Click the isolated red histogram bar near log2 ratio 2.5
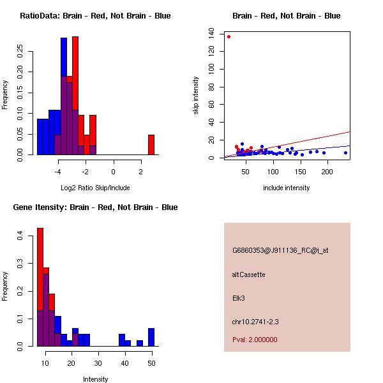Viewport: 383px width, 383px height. pyautogui.click(x=151, y=144)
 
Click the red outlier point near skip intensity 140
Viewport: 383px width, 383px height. pyautogui.click(x=229, y=36)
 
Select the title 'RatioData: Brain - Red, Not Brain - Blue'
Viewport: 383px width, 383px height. pyautogui.click(x=95, y=16)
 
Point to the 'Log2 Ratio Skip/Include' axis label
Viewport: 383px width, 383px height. pyautogui.click(x=95, y=188)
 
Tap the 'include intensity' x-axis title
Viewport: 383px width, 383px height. pyautogui.click(x=287, y=188)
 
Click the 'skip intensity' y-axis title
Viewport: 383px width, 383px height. pyautogui.click(x=197, y=96)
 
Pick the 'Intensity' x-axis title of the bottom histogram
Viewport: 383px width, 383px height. pyautogui.click(x=95, y=379)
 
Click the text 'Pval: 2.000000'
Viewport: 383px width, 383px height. pyautogui.click(x=255, y=340)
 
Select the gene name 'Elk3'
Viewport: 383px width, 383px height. pyautogui.click(x=239, y=297)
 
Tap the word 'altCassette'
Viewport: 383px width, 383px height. pyautogui.click(x=248, y=274)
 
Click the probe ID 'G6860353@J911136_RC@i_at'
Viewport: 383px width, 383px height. pyautogui.click(x=280, y=251)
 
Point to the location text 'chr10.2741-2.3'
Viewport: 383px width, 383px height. pyautogui.click(x=255, y=321)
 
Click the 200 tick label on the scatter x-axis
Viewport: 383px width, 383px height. pyautogui.click(x=327, y=172)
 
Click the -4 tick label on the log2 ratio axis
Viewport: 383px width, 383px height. pyautogui.click(x=58, y=172)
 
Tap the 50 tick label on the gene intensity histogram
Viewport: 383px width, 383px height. pyautogui.click(x=151, y=363)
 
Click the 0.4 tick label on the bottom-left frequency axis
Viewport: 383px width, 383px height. pyautogui.click(x=21, y=236)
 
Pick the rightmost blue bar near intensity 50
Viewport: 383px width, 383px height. pyautogui.click(x=151, y=337)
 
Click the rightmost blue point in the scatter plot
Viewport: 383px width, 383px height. pyautogui.click(x=345, y=153)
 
